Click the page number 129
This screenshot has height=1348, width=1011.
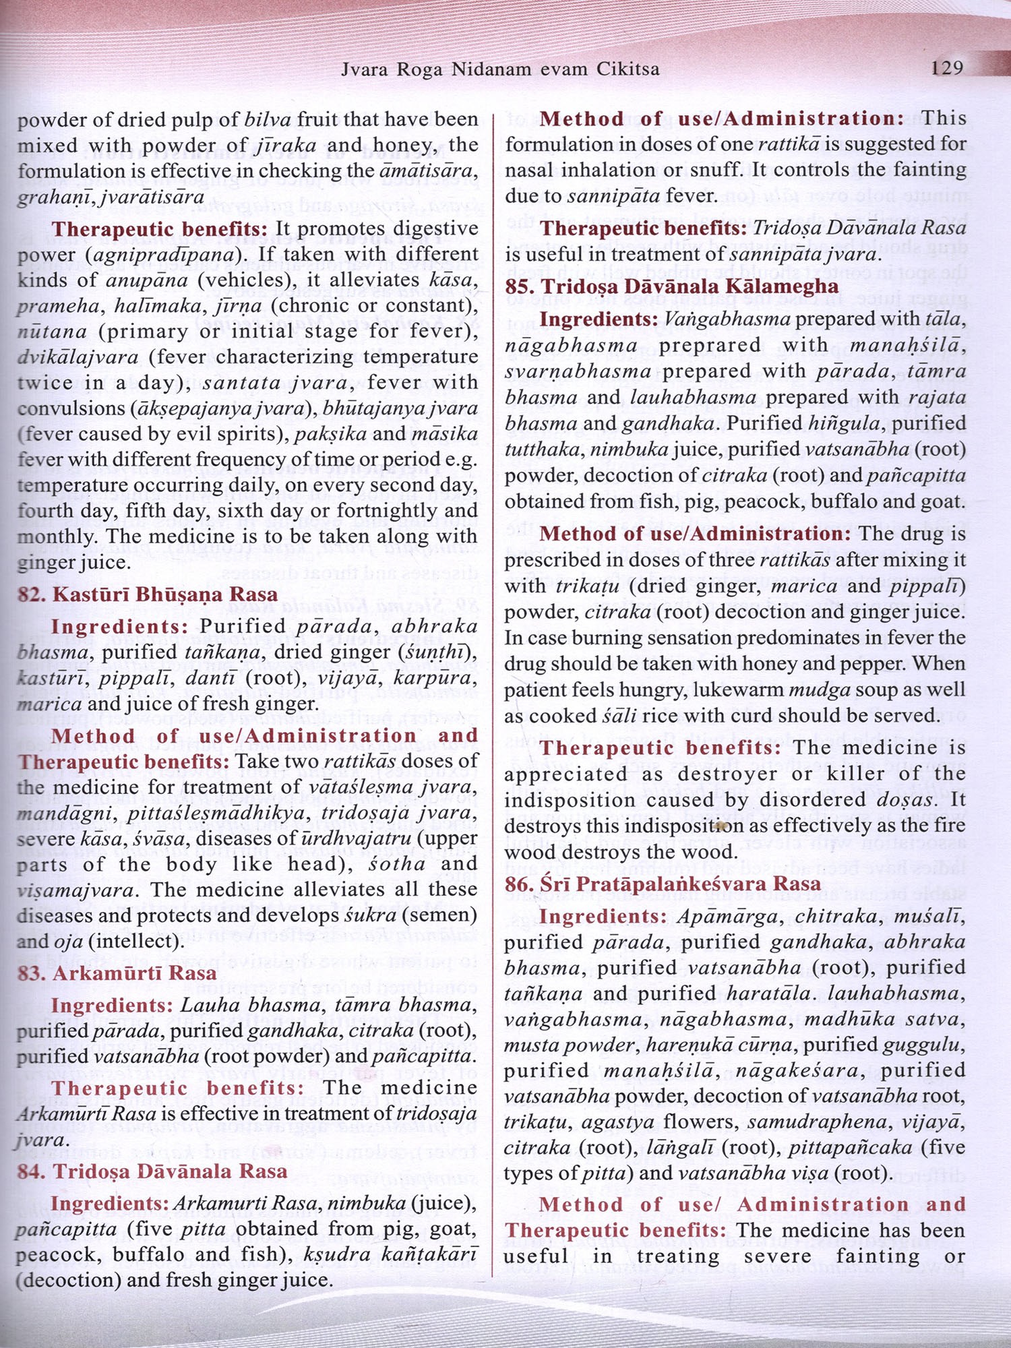(x=946, y=67)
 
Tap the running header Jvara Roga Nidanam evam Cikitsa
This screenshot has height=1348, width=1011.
(x=500, y=69)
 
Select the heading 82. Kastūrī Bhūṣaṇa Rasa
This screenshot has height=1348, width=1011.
(x=148, y=594)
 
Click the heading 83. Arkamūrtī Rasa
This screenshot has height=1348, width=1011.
(x=117, y=973)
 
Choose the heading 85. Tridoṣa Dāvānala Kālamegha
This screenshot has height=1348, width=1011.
(x=672, y=286)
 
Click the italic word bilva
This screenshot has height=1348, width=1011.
(x=268, y=120)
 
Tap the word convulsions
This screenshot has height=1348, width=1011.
(x=72, y=408)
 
